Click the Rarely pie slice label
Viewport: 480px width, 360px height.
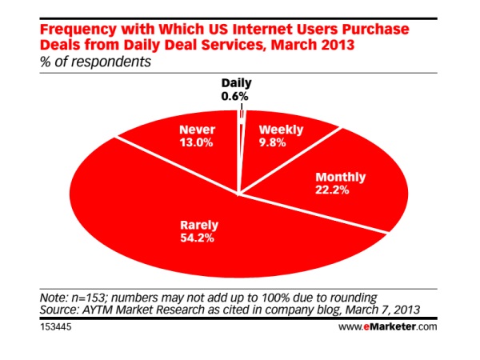tap(199, 226)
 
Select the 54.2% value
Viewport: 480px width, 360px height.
tap(197, 238)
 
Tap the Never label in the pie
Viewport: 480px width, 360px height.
tap(197, 130)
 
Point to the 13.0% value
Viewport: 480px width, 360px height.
tap(196, 142)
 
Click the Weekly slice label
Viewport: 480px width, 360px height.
tap(281, 130)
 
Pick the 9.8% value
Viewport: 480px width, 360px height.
tap(273, 142)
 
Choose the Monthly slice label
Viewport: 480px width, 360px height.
tap(341, 178)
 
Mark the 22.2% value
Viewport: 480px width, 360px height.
tap(332, 190)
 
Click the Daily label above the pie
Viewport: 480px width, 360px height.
tap(236, 83)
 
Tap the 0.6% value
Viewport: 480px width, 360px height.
tap(234, 97)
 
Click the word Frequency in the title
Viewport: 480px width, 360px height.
tap(78, 30)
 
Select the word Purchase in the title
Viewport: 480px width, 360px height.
tap(375, 30)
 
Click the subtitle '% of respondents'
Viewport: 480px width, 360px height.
tap(95, 62)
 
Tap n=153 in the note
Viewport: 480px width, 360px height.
tap(89, 298)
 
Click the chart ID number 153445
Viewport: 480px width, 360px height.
tap(56, 326)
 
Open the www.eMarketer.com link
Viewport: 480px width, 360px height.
tap(387, 326)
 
